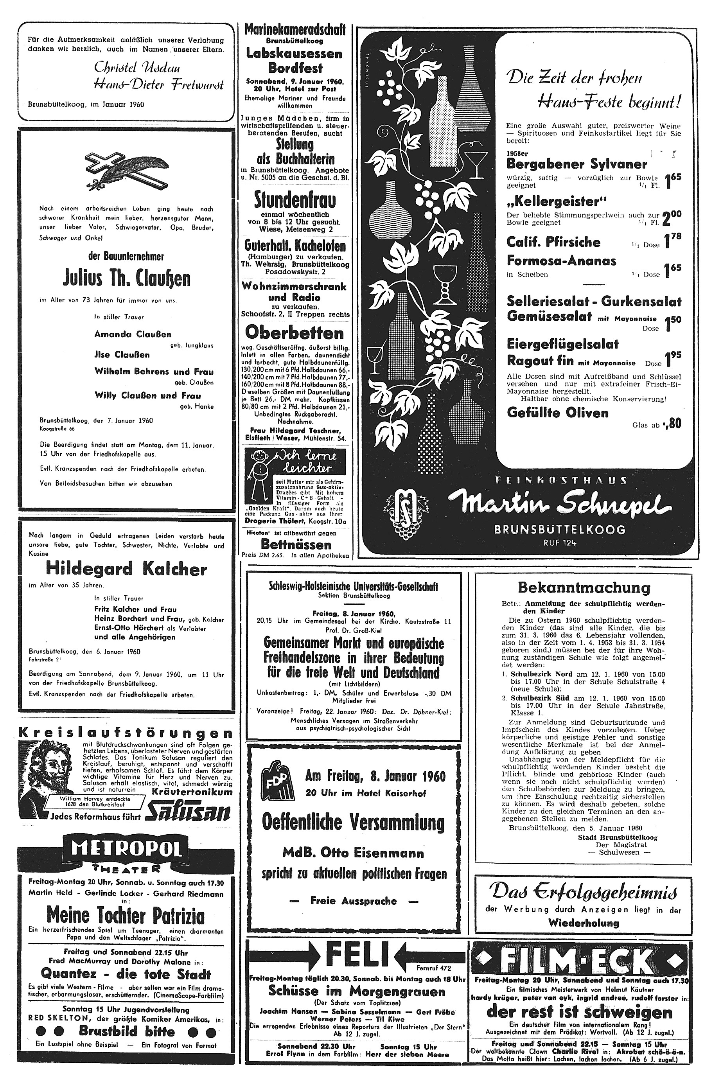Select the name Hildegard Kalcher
(126, 569)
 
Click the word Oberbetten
(295, 333)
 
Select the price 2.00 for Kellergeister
(672, 218)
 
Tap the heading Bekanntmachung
(584, 587)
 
